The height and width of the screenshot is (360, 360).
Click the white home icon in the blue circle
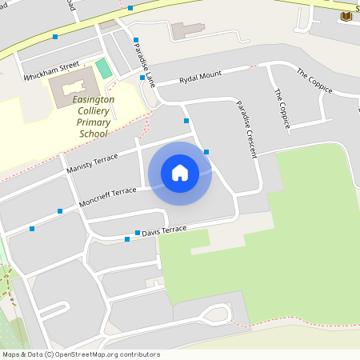tap(180, 173)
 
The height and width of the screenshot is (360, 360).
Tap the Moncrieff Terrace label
tap(107, 198)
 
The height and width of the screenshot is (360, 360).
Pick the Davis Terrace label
tap(163, 230)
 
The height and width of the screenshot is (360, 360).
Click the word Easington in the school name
tap(94, 99)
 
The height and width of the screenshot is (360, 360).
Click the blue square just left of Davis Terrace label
tap(127, 238)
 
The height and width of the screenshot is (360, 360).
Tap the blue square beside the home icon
tap(206, 152)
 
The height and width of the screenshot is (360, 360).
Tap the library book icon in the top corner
tap(346, 16)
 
